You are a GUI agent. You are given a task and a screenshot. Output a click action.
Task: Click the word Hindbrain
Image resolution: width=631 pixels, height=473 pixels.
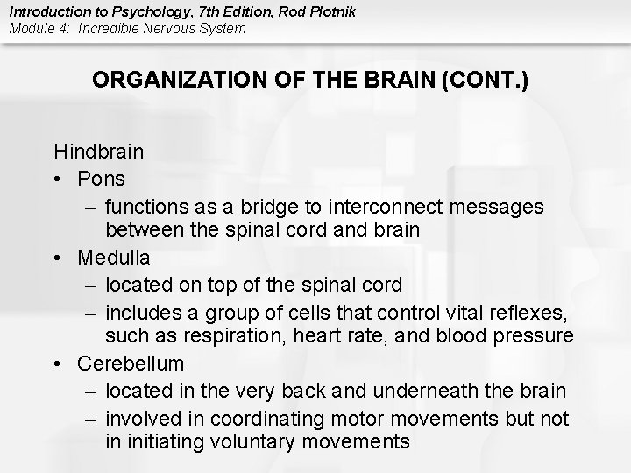click(x=99, y=152)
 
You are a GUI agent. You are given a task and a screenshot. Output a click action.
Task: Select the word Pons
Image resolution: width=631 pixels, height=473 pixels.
click(x=101, y=179)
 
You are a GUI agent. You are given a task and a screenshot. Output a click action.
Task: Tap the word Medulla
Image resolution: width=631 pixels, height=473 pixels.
click(x=113, y=258)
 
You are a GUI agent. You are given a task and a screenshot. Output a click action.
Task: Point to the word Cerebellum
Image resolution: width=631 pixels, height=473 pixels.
click(x=131, y=363)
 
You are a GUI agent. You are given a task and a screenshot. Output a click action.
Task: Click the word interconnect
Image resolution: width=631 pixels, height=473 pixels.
click(x=387, y=207)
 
